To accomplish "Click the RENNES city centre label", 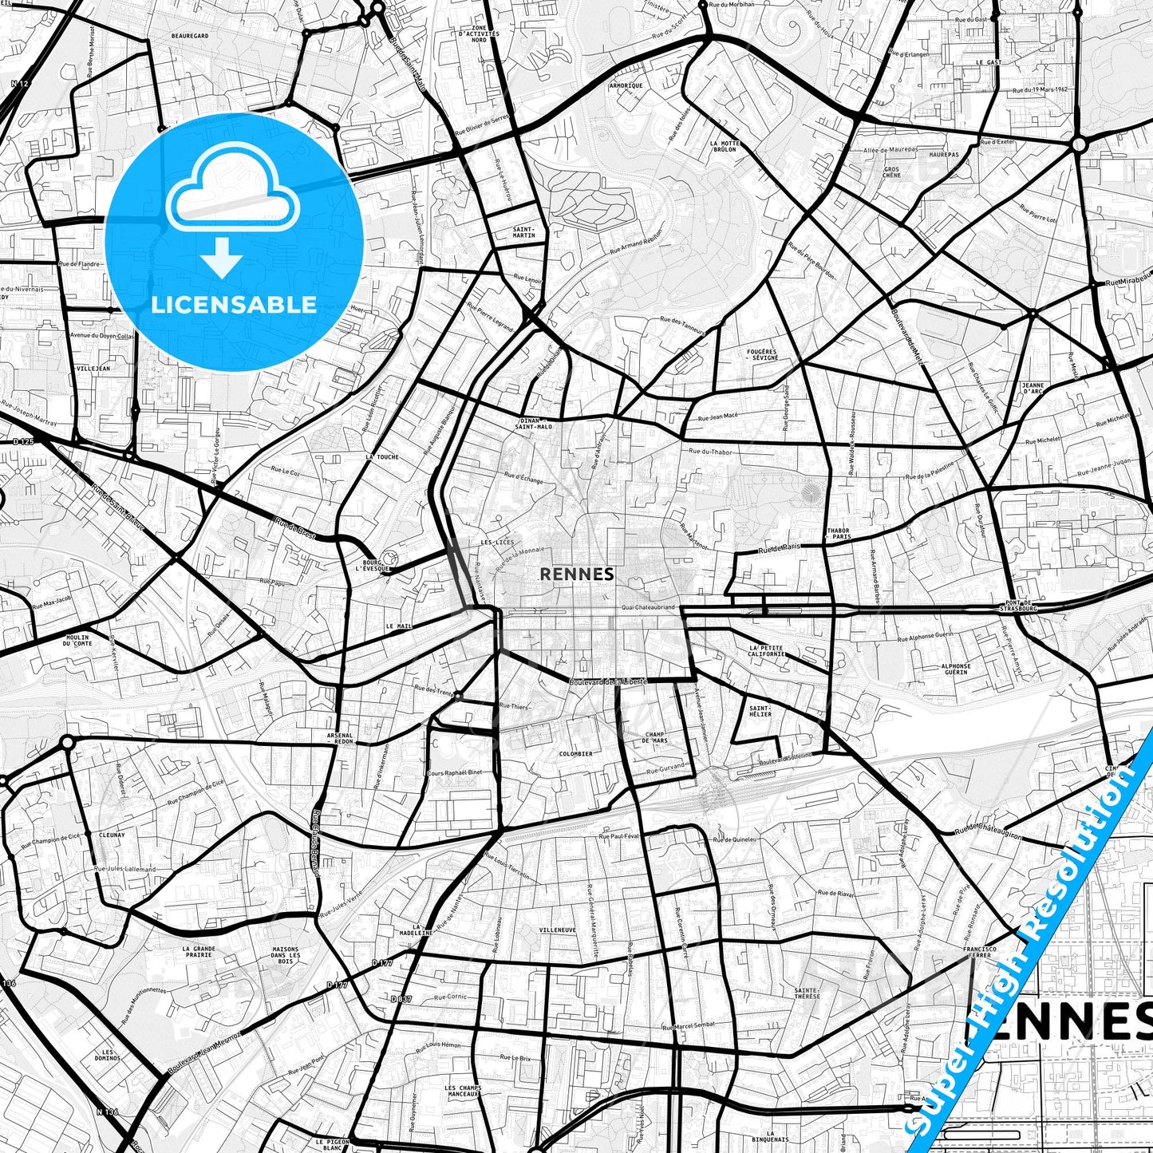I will click(x=577, y=574).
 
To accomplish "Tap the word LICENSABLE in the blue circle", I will click(x=234, y=305).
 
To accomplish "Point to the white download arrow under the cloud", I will click(x=222, y=259).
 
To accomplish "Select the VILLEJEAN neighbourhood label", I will click(x=93, y=369).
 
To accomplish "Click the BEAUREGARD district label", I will click(x=189, y=36).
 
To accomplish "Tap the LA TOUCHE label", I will click(x=382, y=457).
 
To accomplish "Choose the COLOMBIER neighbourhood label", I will click(x=575, y=753).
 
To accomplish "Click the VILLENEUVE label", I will click(x=557, y=930).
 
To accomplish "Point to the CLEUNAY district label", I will click(x=112, y=835).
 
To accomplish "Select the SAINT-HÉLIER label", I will click(x=760, y=710).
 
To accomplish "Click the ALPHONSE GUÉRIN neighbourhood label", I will click(x=955, y=669).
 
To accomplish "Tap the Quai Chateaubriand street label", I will click(x=648, y=607).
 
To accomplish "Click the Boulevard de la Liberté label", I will click(x=606, y=681).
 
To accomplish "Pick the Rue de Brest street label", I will click(x=295, y=529).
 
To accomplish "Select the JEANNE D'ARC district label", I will click(x=1033, y=389).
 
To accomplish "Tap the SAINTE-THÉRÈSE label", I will click(x=807, y=993).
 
